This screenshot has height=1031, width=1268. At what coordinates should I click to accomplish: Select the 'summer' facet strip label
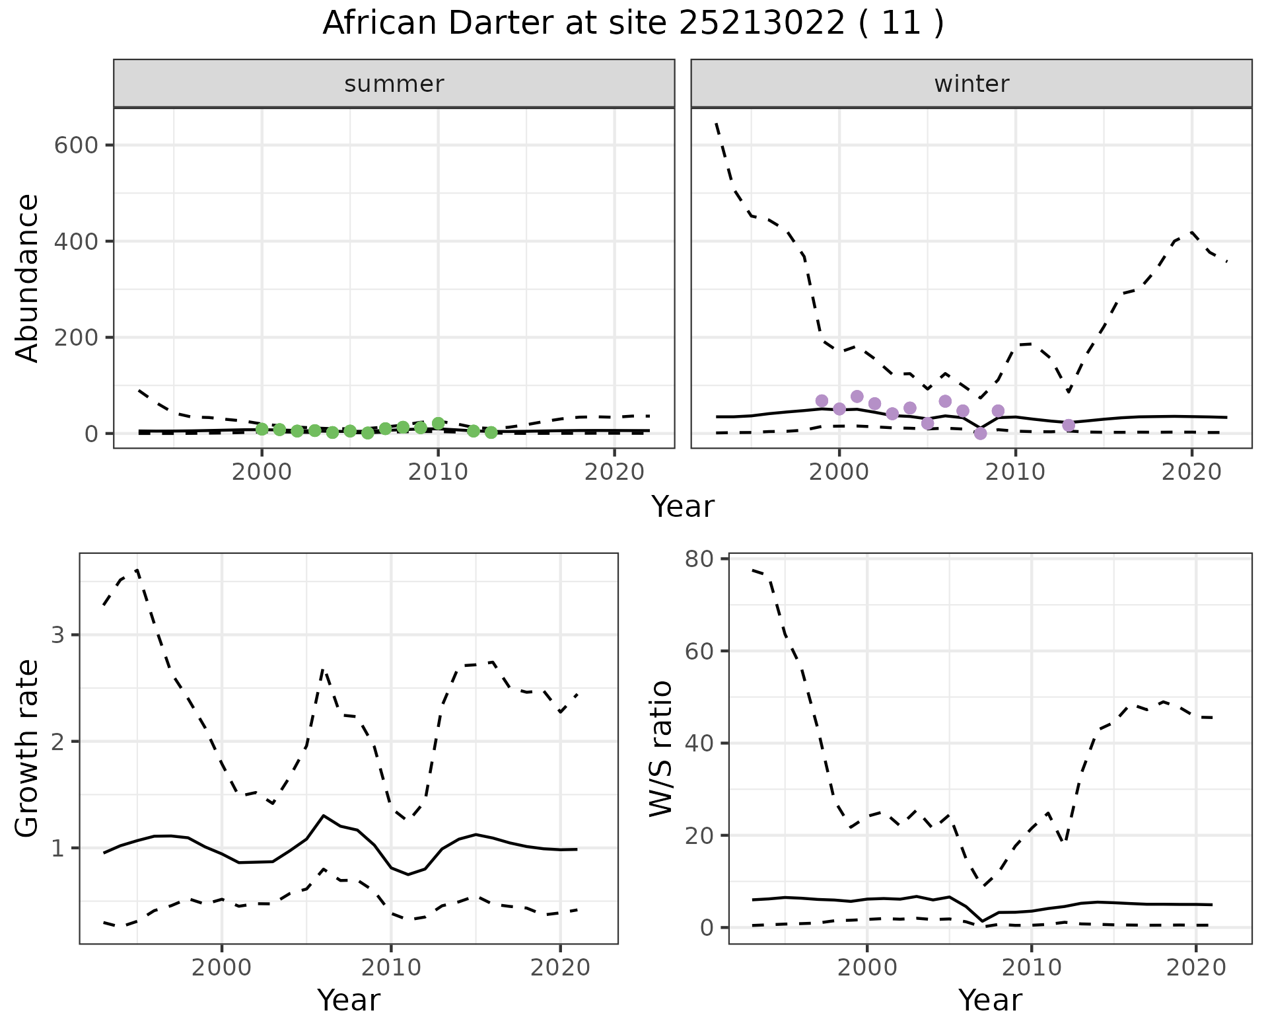coord(394,84)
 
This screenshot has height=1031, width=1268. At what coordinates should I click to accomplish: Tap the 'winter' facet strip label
coord(971,84)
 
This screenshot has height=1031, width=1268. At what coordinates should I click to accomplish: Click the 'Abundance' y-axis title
coord(28,278)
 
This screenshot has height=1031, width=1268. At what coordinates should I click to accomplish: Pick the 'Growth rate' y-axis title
coord(28,748)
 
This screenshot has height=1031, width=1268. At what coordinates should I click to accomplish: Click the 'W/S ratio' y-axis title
coord(660,748)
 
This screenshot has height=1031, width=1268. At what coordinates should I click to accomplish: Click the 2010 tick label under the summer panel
coord(438,473)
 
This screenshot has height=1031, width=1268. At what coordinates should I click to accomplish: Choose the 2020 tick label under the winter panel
coord(1191,473)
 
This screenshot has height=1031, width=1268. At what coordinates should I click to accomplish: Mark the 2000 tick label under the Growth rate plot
coord(222,968)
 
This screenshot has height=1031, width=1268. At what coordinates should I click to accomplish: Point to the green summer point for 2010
coord(438,424)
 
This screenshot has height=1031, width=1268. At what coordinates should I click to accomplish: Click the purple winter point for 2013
coord(1069,425)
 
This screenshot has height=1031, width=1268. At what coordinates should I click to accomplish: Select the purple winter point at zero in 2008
coord(980,434)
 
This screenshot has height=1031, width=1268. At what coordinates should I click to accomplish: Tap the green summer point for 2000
coord(262,429)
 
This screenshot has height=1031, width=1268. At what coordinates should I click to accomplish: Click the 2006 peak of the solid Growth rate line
coord(323,816)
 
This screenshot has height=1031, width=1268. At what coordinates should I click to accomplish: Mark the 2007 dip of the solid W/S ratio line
coord(982,921)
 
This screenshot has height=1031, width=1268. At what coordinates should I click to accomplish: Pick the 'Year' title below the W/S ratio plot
coord(990,1001)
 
